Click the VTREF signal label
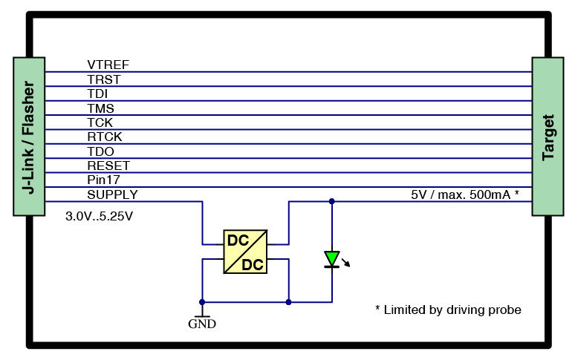(108, 65)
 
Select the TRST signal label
(104, 79)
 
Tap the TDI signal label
(97, 94)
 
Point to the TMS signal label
(101, 108)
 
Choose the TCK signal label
(100, 122)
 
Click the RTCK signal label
(104, 137)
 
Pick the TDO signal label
(100, 151)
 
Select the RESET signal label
(108, 166)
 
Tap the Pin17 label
(103, 180)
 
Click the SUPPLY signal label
(112, 194)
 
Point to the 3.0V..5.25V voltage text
(100, 216)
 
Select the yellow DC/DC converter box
(245, 252)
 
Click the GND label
(202, 324)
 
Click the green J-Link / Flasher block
(29, 137)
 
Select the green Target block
(548, 137)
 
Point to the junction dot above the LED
(331, 201)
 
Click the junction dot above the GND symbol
(202, 302)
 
